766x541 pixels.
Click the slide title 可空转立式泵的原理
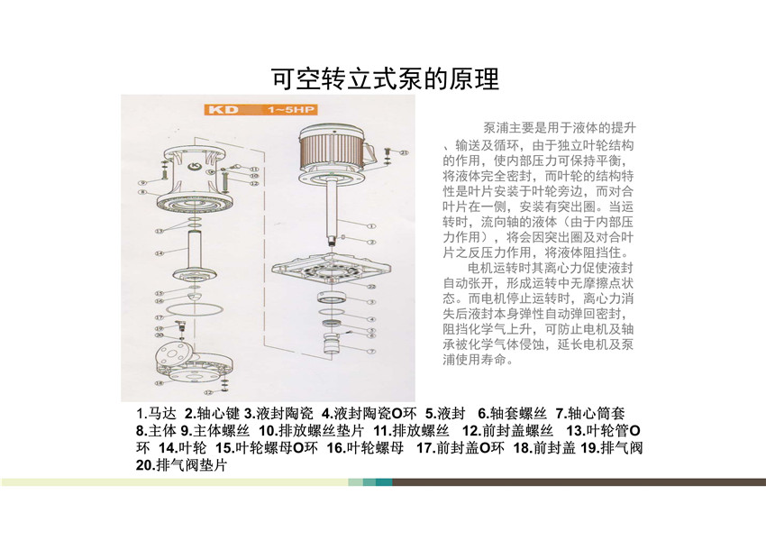(x=385, y=79)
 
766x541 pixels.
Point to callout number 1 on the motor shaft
(x=371, y=224)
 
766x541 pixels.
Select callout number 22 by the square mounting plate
(x=373, y=285)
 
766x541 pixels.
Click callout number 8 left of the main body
(x=142, y=191)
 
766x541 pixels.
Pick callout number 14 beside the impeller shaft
(x=160, y=253)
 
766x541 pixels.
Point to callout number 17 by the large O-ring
(x=159, y=317)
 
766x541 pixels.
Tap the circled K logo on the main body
(x=195, y=166)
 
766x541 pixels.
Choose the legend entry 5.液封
(x=443, y=413)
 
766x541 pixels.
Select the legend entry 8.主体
(x=156, y=430)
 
